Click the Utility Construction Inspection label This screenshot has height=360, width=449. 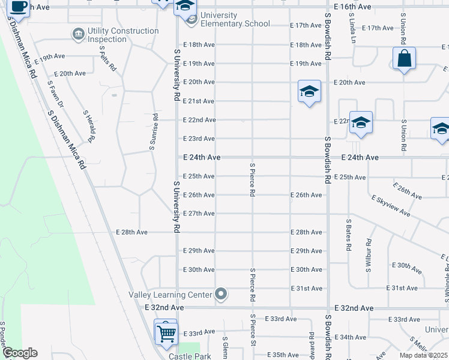pos(123,35)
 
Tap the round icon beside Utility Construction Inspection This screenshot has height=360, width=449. pos(78,35)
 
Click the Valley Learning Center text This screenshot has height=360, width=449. pos(170,294)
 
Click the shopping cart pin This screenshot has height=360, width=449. pos(166,332)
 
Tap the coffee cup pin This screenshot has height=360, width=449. pos(19,7)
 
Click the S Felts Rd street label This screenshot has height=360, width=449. pos(107,59)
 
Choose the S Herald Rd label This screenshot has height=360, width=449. pos(89,126)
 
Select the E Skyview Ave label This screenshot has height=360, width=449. pos(391,205)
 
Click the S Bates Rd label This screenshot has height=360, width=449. pos(348,235)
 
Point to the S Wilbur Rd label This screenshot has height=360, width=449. pos(369,254)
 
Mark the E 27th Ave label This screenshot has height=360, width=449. pos(199,214)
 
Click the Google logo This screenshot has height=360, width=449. pos(20,353)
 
